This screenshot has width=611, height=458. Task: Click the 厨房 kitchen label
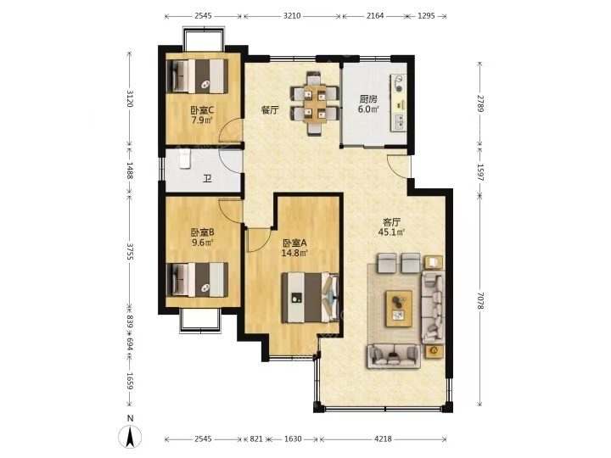(x=368, y=99)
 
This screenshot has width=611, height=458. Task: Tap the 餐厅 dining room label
(x=270, y=110)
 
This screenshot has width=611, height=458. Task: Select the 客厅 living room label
(x=391, y=222)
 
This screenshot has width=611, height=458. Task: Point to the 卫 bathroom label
(x=207, y=179)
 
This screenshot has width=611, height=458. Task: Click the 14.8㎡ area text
(x=294, y=253)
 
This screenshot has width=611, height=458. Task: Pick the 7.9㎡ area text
(x=202, y=120)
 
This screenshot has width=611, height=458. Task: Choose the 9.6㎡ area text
(x=202, y=243)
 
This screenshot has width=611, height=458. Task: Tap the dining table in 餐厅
(x=315, y=103)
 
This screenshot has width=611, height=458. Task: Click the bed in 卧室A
(x=311, y=298)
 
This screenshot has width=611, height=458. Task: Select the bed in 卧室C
(x=197, y=76)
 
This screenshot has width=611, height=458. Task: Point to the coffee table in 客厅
(x=399, y=308)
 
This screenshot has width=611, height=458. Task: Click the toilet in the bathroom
(x=184, y=159)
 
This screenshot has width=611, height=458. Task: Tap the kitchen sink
(x=400, y=122)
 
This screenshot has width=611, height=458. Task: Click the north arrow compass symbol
(x=131, y=435)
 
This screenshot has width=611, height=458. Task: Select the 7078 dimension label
(x=480, y=301)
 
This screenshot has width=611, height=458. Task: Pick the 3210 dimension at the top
(x=292, y=16)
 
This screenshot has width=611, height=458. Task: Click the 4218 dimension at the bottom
(x=383, y=439)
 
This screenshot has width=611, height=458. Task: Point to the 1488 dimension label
(x=130, y=170)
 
